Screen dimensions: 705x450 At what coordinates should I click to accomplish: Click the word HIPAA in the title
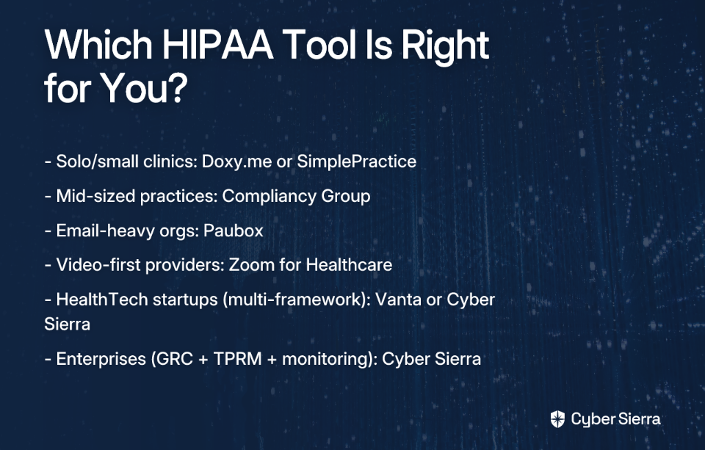coord(217,45)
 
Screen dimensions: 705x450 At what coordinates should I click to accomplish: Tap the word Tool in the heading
coord(320,45)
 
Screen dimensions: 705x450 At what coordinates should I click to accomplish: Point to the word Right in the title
coord(445,48)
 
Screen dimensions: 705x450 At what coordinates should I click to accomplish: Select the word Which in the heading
coord(98,45)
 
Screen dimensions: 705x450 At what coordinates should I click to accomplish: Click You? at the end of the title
coord(143,88)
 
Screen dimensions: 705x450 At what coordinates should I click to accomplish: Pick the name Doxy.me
coord(236,162)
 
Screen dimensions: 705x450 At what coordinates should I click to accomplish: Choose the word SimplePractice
coord(357,162)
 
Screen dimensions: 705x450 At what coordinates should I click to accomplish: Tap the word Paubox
coord(233,231)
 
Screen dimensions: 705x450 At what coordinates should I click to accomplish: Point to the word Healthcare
coord(349,265)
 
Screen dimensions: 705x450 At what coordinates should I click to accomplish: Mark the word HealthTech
coord(102,300)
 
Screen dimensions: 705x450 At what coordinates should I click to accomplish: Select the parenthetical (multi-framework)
coord(297,300)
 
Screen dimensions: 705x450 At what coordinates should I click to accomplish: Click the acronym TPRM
coord(237,359)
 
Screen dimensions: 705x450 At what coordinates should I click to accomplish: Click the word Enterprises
coord(101,359)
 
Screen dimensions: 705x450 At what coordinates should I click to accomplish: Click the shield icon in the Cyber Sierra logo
coord(557,419)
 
